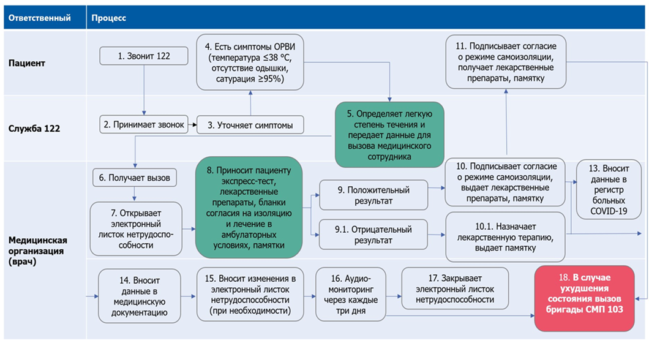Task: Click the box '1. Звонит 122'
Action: coord(144,56)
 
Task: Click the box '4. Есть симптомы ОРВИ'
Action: coord(250,62)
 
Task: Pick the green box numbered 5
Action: coord(389,134)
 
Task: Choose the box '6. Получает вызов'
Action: coord(135,178)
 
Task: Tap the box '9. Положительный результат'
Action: coord(372,195)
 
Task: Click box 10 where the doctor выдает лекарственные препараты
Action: coord(505,183)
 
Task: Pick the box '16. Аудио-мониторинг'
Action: coord(350,294)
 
